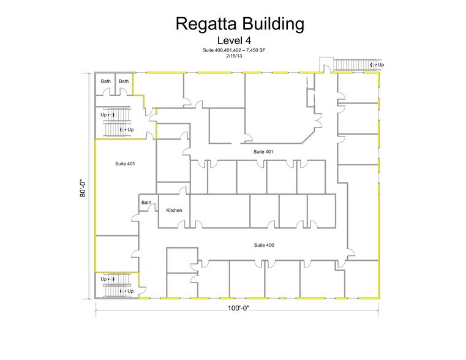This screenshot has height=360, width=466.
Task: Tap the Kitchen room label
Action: [175, 211]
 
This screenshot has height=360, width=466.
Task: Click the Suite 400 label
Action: [264, 245]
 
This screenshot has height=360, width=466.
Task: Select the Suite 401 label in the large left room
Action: [125, 164]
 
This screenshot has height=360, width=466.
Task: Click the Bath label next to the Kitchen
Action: [146, 203]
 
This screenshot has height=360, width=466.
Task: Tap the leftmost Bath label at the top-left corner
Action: [106, 81]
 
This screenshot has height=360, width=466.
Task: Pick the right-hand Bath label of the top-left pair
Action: [124, 81]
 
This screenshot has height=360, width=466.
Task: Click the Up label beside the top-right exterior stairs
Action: [381, 64]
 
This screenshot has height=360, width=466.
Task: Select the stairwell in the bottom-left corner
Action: [116, 285]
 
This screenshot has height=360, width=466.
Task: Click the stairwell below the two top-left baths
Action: [116, 121]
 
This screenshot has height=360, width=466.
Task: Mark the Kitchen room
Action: [174, 216]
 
